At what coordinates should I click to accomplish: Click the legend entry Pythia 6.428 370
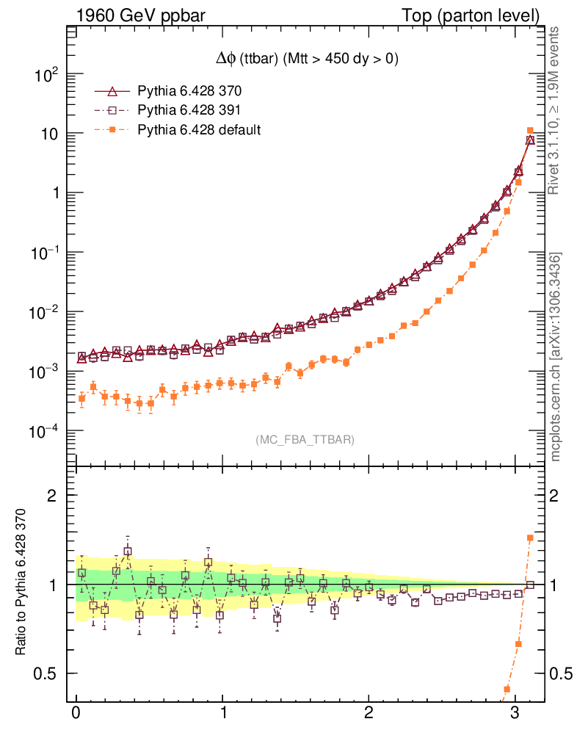[189, 92]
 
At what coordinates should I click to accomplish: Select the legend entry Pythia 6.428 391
[189, 111]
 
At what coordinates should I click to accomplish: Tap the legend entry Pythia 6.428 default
[199, 130]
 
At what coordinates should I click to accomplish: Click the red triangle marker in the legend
[112, 92]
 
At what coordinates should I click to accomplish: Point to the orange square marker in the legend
[112, 130]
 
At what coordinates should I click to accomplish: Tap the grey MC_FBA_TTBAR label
[305, 440]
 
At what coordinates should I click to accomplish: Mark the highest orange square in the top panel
[530, 131]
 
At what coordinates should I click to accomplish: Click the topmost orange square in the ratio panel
[530, 538]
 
